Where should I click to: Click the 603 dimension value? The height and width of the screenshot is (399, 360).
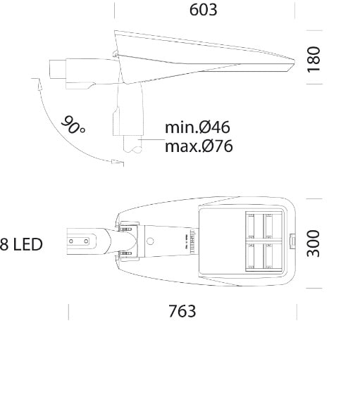tap(204, 10)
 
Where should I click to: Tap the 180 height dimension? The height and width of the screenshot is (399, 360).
tap(314, 60)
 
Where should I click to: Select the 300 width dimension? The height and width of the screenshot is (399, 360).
tap(313, 243)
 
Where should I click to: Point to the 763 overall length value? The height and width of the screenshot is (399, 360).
tap(182, 311)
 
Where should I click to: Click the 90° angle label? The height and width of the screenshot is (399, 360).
tap(73, 125)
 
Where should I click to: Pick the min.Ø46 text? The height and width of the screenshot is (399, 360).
tap(197, 127)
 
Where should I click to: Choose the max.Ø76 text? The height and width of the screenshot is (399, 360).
tap(199, 146)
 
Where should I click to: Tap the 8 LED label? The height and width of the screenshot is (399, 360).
tap(21, 245)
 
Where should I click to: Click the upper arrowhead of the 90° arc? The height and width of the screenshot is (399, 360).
tap(39, 83)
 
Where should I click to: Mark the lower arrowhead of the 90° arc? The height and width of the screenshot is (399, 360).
tap(118, 162)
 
